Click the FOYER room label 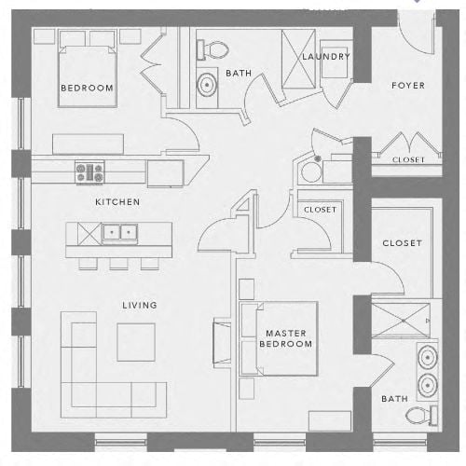tap(408, 86)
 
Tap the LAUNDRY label tap(326, 57)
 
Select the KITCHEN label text tap(117, 202)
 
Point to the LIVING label tap(140, 305)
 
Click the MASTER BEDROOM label tap(286, 338)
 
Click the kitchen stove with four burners tap(89, 172)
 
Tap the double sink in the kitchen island tap(120, 232)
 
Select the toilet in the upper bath tap(212, 49)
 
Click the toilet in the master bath tap(421, 416)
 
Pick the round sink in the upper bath tap(207, 85)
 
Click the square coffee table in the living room tap(136, 342)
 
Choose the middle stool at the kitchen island tap(118, 264)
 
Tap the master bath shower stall tap(401, 321)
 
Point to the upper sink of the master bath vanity tap(428, 358)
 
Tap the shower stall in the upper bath tap(298, 59)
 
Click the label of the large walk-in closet tap(402, 243)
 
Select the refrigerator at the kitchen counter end tap(165, 173)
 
